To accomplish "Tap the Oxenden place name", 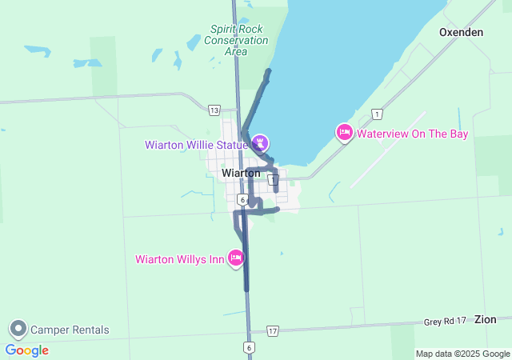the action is [461, 32].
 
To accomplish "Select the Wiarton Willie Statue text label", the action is [195, 145].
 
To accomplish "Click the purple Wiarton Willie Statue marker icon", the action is [260, 143].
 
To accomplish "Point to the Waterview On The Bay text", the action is [412, 134].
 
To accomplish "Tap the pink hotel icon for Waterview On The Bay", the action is [344, 132].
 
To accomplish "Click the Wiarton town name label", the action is [241, 173].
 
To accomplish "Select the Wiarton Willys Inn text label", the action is [180, 258].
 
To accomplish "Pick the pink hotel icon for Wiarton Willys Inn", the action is [236, 258].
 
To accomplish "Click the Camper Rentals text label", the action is [70, 330].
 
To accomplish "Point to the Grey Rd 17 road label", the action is [445, 322].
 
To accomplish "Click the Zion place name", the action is [485, 318].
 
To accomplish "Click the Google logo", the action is [26, 350].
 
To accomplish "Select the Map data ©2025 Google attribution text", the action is [462, 354].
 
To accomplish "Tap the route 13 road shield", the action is [213, 110].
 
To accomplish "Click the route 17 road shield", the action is [273, 330].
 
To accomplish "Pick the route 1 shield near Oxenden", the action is [377, 114].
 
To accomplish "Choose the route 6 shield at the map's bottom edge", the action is [249, 347].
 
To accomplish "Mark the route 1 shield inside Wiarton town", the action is [274, 181].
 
